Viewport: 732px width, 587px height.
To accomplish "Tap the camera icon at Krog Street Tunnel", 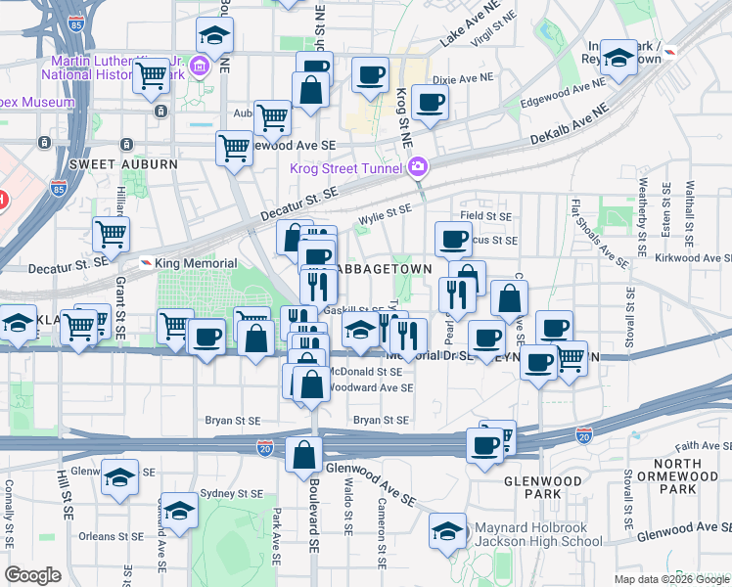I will (418, 167).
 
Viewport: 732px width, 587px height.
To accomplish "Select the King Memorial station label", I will (196, 263).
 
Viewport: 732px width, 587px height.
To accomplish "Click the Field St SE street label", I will (486, 216).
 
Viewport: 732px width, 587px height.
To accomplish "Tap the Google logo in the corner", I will (33, 575).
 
